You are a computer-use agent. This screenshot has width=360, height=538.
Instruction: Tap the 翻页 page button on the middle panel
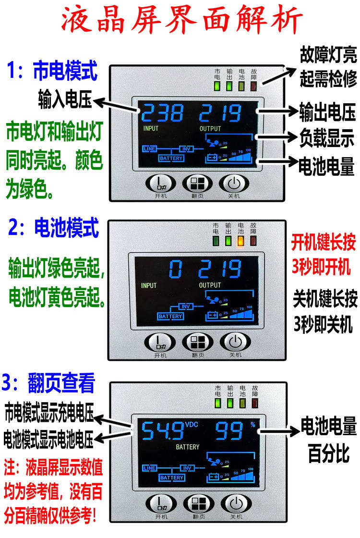198,342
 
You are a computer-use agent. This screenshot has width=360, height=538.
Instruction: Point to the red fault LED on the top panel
253,87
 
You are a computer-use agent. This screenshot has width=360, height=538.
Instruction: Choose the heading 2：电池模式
53,227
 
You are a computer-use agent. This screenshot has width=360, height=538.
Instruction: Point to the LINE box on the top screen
149,149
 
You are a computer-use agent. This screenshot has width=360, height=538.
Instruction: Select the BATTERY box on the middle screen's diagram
170,316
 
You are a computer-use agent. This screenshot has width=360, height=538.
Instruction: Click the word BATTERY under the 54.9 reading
187,447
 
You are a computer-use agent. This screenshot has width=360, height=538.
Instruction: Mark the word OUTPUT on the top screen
210,129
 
